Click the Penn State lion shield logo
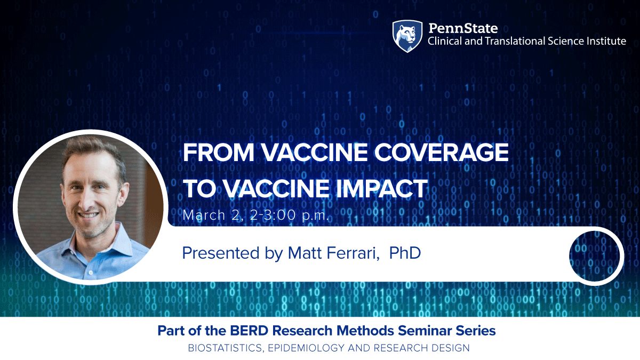pyautogui.click(x=407, y=36)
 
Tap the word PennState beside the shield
pyautogui.click(x=463, y=28)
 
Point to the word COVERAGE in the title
pyautogui.click(x=442, y=153)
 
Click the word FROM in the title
pyautogui.click(x=219, y=153)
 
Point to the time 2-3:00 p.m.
pyautogui.click(x=290, y=215)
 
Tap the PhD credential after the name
pyautogui.click(x=405, y=253)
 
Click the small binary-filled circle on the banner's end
pyautogui.click(x=596, y=257)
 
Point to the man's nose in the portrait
pyautogui.click(x=86, y=198)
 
